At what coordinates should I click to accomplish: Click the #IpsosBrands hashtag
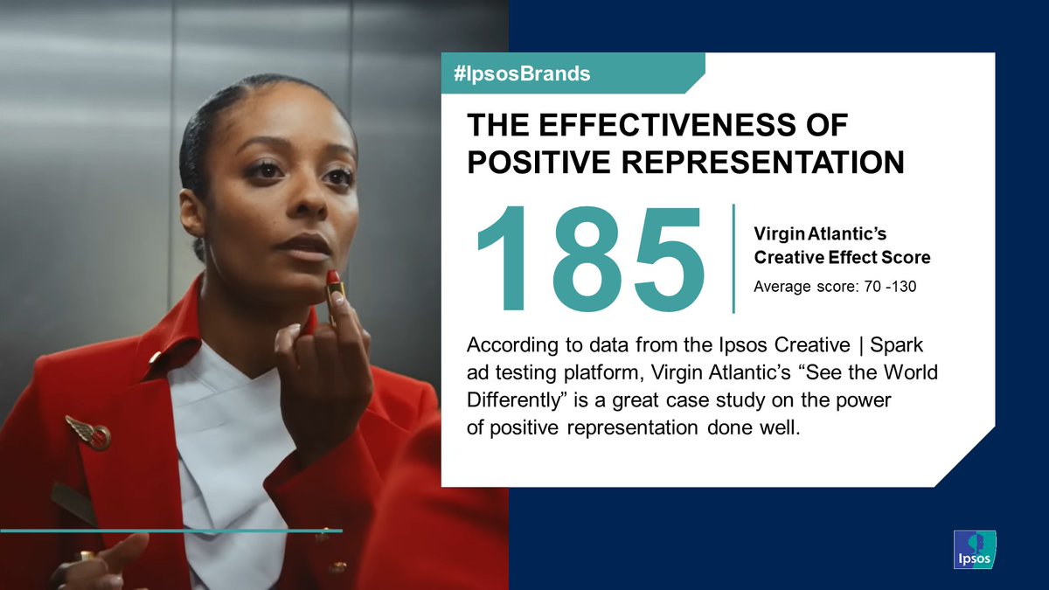(523, 74)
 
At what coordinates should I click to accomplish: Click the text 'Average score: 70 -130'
(834, 287)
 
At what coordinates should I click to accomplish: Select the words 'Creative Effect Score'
(842, 258)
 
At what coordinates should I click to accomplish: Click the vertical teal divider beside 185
(733, 258)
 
